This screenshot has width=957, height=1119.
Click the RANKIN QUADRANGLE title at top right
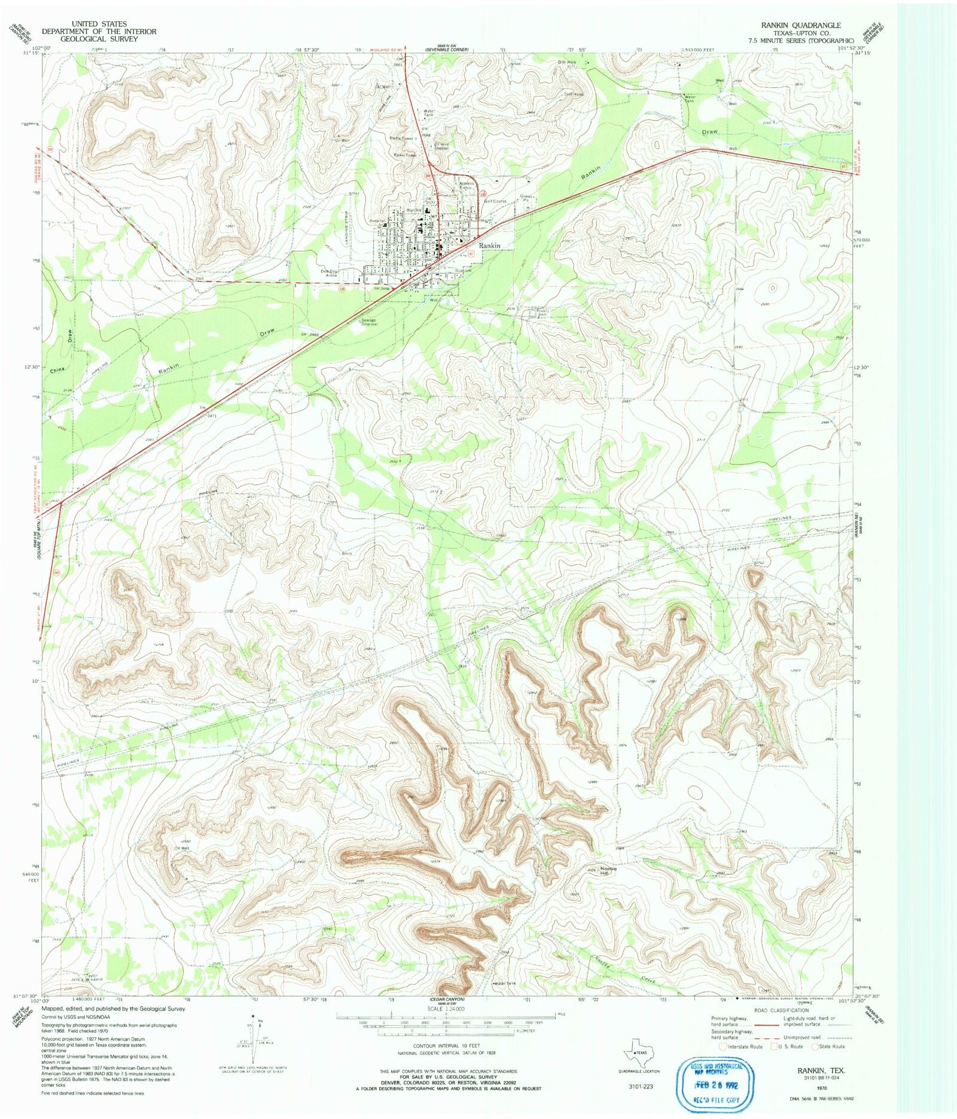tap(800, 25)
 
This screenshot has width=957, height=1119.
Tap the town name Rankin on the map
tap(489, 246)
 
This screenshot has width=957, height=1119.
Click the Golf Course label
tap(495, 202)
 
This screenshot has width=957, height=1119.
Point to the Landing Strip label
tap(346, 221)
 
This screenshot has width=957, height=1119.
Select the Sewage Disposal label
tap(369, 322)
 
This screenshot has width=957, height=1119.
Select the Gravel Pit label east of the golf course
tap(526, 198)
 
